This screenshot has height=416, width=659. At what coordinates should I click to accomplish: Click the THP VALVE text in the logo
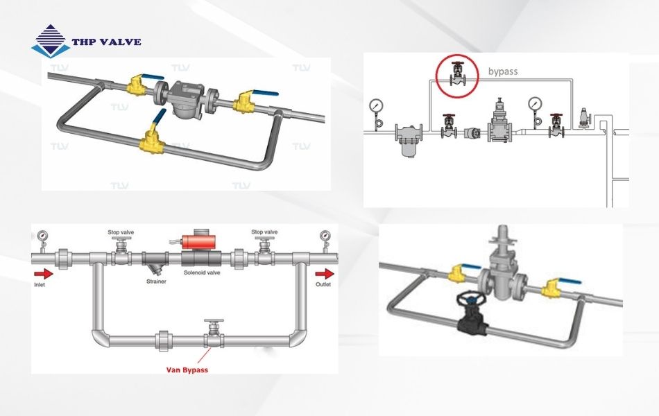tap(106, 42)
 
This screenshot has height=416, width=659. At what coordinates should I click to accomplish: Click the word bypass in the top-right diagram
tap(503, 71)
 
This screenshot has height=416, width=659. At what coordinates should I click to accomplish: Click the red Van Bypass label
tap(185, 370)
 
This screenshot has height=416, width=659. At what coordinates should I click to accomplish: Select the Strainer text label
tap(156, 282)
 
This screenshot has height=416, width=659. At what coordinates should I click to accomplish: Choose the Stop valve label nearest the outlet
tap(264, 232)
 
